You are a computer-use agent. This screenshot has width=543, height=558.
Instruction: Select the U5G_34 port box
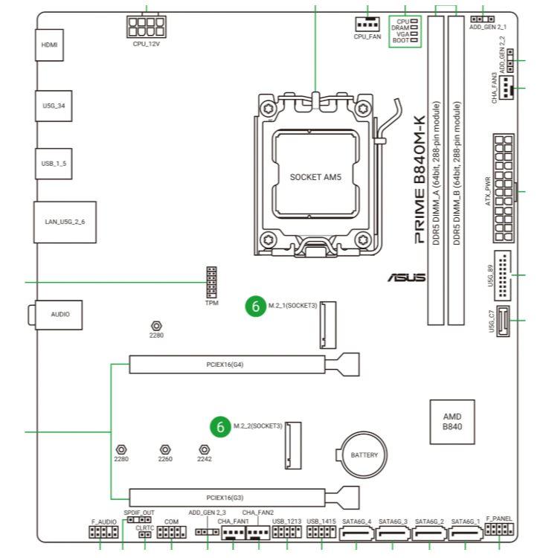55,105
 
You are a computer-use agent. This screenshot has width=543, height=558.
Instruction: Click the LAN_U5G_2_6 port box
65,222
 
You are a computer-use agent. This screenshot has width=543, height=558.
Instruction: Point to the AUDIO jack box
60,315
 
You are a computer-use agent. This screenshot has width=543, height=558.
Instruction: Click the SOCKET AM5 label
315,178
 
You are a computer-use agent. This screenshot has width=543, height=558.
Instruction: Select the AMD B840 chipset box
453,422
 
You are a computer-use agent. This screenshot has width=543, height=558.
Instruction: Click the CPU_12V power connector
145,28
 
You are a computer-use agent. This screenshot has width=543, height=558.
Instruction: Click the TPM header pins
211,282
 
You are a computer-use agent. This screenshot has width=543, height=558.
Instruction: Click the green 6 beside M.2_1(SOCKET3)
256,306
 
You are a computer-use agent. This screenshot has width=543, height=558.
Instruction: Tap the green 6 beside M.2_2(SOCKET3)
219,426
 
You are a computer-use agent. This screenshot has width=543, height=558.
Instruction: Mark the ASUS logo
407,278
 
